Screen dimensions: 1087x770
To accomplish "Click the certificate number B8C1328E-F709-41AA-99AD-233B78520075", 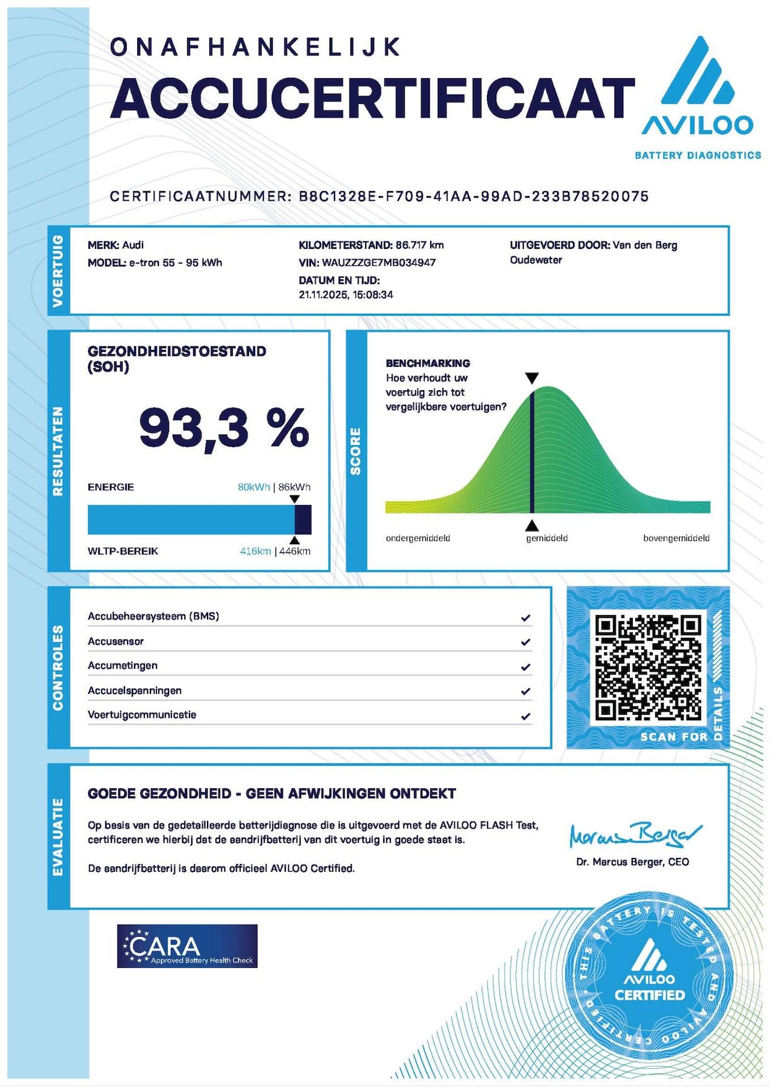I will [474, 197].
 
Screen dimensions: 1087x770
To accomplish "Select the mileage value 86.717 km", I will [420, 245].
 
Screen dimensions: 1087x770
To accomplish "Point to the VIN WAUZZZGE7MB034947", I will [379, 263].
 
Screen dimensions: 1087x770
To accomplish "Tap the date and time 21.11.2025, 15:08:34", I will [346, 295].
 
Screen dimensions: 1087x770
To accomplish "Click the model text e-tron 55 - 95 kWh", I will [176, 263].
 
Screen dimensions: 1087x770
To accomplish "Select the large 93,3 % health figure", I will [224, 428].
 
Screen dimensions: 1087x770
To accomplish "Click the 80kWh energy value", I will [253, 487].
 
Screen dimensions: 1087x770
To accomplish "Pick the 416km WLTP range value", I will [255, 551].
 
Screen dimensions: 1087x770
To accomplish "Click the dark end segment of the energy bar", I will [303, 519].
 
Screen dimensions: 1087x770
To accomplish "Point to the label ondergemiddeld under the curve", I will [418, 538].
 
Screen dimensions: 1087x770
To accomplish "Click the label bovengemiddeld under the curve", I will [676, 538].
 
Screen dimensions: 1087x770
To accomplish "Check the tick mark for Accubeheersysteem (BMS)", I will [526, 617].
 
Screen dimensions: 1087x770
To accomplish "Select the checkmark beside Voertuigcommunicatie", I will [526, 716].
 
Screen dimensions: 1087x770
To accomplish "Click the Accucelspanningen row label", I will [135, 691].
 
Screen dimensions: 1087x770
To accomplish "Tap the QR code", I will [648, 667].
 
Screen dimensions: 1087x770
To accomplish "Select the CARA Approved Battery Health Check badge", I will [187, 946].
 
